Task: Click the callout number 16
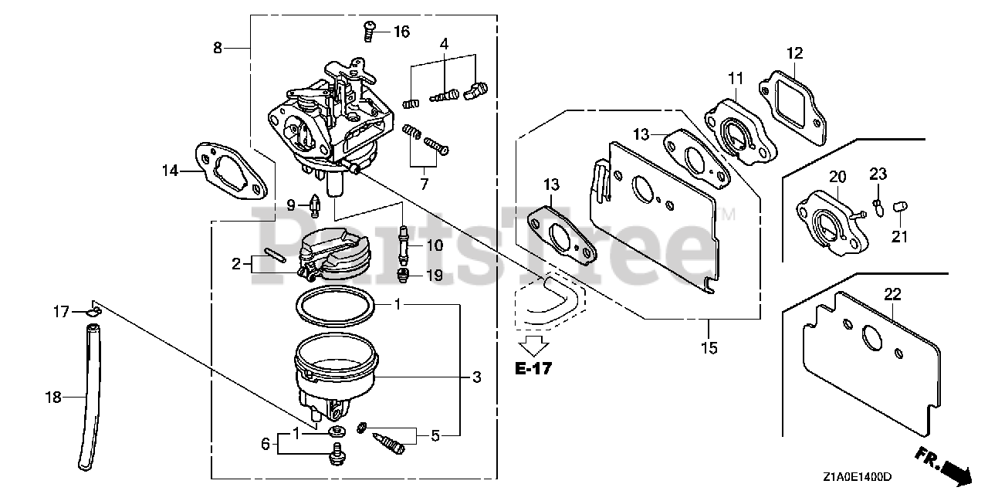point(401,32)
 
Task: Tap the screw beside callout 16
point(370,31)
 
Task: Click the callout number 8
point(218,48)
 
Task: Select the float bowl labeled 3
point(336,374)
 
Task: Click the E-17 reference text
point(533,368)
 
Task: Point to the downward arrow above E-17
point(533,343)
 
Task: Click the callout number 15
point(709,348)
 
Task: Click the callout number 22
point(892,294)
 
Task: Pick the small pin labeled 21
point(900,205)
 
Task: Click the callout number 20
point(838,178)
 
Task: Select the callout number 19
point(435,275)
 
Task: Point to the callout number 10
point(435,246)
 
